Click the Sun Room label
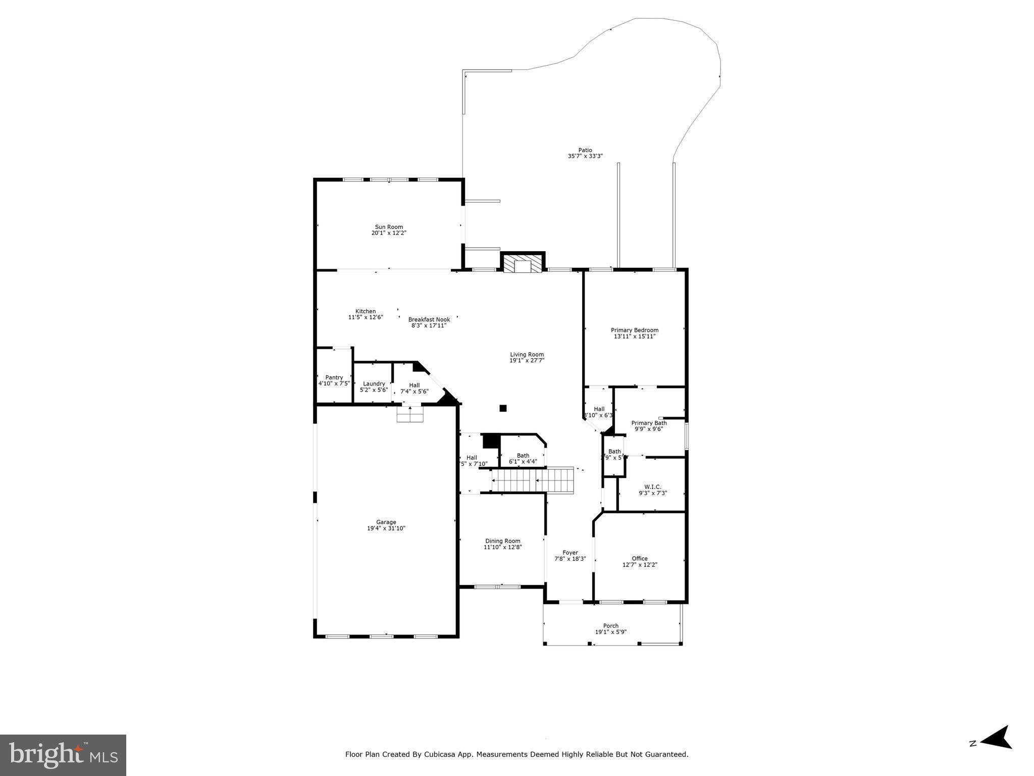tap(388, 227)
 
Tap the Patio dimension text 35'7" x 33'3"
tap(585, 157)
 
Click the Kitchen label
tap(365, 311)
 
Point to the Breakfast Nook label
tap(429, 319)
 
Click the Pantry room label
tap(334, 377)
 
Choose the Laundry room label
tap(374, 383)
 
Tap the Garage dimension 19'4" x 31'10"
tap(386, 528)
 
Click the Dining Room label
tap(502, 541)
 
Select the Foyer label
tap(570, 552)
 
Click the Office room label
tap(639, 558)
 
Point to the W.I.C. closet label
tap(652, 487)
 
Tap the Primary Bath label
tap(649, 423)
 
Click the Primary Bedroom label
tap(634, 330)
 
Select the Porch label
tap(610, 625)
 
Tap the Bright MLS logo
tap(63, 755)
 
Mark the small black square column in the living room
tap(503, 408)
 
